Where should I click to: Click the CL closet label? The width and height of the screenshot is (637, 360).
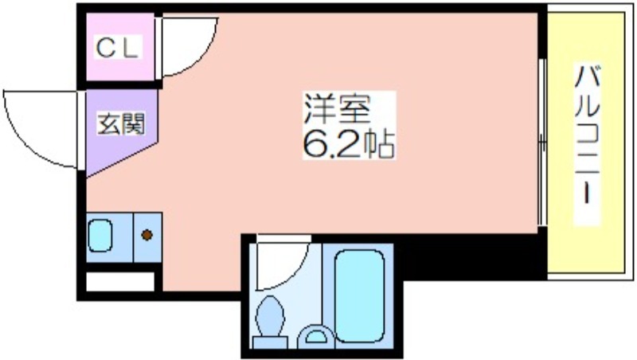[x=119, y=49]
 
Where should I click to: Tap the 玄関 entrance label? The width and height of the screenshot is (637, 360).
[x=121, y=124]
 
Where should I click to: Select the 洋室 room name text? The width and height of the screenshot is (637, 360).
[x=348, y=108]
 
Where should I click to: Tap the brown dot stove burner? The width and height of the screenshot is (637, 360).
[x=147, y=235]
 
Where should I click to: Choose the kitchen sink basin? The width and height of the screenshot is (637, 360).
[x=101, y=235]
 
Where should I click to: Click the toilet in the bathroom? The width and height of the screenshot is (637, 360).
[x=270, y=319]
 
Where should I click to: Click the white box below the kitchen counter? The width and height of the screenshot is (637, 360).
[x=119, y=281]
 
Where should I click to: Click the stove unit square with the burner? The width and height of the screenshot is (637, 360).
[x=147, y=237]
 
